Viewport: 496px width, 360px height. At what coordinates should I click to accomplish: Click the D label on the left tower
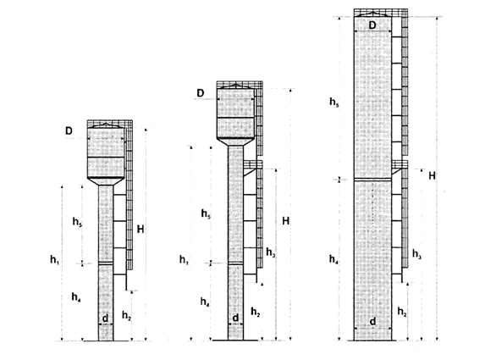tap(69, 130)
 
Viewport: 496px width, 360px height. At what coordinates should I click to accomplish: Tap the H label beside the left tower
tap(141, 229)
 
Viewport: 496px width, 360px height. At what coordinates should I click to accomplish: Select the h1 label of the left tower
tap(54, 260)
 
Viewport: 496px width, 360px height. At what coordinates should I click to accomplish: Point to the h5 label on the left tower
tap(77, 222)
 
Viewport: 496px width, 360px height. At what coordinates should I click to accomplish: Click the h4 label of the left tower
tap(76, 297)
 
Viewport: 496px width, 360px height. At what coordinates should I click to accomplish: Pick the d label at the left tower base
tap(105, 318)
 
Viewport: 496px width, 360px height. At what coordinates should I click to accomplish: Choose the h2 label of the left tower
tap(126, 315)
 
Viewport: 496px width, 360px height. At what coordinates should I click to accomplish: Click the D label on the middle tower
tap(201, 93)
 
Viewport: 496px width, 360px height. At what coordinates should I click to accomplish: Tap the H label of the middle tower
tap(285, 221)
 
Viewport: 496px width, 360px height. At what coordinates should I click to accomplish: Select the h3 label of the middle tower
tap(271, 252)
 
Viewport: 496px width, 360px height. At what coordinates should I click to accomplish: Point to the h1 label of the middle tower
tap(184, 260)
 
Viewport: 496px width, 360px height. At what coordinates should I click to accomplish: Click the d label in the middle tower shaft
tap(235, 318)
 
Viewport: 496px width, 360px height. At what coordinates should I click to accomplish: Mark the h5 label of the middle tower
tap(206, 213)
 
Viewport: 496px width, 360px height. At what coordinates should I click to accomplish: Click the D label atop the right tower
tap(372, 25)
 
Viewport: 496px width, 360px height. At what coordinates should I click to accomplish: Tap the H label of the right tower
tap(433, 175)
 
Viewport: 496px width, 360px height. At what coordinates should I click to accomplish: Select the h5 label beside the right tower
tap(334, 102)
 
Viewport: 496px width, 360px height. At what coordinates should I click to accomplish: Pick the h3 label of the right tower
tap(417, 254)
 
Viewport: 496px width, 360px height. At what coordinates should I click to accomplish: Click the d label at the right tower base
tap(373, 321)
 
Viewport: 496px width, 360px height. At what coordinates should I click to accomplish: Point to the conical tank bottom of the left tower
tap(106, 181)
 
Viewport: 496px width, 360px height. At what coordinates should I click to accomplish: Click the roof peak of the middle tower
tap(235, 84)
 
